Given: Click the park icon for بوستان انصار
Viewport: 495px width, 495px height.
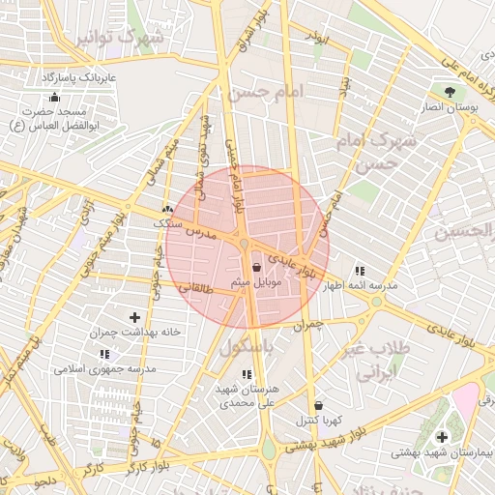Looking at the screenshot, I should pos(451,92).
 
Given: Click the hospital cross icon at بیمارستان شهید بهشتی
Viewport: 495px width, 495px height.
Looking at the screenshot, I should pos(443,437).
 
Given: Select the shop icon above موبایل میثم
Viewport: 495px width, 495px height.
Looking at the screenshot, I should pos(256,267).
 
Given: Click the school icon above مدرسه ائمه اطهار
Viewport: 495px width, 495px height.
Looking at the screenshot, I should pos(361,272).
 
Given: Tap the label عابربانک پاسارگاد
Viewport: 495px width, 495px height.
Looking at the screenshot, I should pos(76,75).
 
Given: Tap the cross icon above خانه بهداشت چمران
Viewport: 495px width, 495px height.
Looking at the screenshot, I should pos(134,317).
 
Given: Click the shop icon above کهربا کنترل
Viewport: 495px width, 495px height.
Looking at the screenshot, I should pos(319,405).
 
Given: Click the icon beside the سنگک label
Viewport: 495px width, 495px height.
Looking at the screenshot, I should pos(169,209).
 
